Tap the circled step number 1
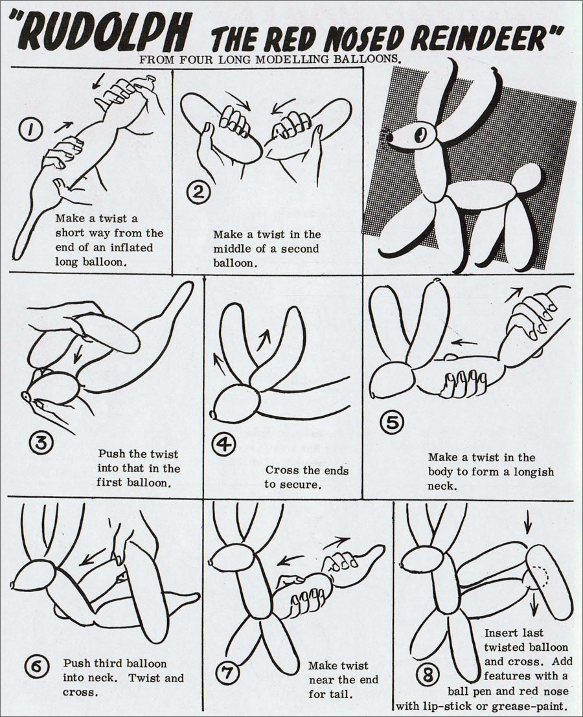pyautogui.click(x=29, y=130)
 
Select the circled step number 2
pyautogui.click(x=198, y=192)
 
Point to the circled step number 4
pyautogui.click(x=226, y=444)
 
